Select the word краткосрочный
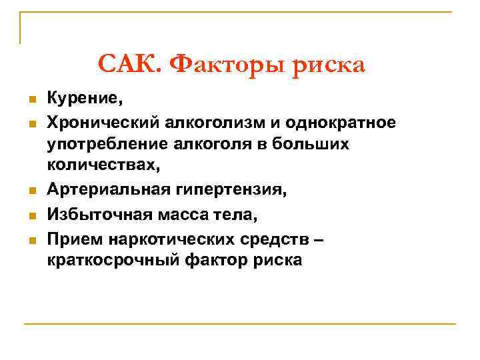[113, 259]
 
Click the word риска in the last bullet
[276, 259]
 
